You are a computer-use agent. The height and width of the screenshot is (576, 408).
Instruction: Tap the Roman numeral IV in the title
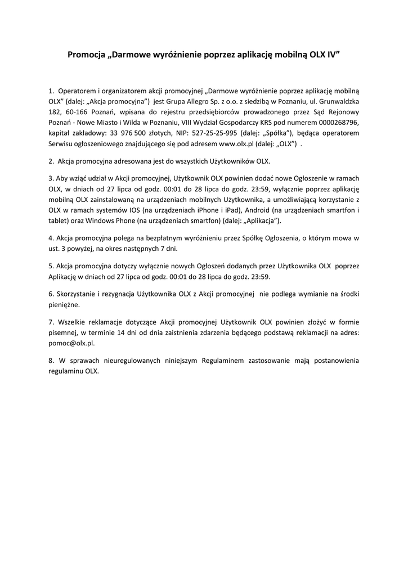coord(332,55)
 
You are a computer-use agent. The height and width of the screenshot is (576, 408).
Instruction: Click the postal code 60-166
coord(78,112)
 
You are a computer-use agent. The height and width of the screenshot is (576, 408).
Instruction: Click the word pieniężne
coord(64,304)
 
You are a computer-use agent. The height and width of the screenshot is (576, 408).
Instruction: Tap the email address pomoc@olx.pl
coord(71,343)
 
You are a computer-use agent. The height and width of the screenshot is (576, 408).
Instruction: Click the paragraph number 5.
coord(51,266)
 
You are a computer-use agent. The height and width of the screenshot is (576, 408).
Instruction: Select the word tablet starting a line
coord(57,220)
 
